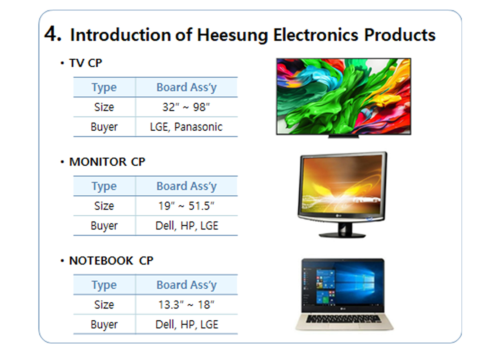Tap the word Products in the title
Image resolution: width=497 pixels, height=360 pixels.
400,35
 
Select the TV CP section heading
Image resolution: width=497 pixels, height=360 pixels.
86,63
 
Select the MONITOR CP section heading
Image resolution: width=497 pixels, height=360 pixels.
107,162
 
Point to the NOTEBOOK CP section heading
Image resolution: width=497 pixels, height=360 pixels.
111,261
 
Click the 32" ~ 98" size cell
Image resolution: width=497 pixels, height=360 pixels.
186,107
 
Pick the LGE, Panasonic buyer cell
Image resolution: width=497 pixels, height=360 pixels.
186,127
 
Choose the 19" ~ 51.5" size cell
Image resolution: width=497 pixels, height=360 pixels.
186,206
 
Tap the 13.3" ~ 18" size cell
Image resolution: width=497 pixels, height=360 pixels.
186,305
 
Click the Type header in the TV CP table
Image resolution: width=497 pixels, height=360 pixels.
104,87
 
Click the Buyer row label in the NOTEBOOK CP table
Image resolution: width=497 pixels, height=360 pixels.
104,325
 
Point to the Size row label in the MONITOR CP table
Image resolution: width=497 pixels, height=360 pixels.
104,206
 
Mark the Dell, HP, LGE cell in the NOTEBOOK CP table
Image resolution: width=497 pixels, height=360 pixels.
187,324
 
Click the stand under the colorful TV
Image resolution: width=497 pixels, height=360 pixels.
344,136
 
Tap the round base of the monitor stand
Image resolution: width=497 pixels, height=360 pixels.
342,235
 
